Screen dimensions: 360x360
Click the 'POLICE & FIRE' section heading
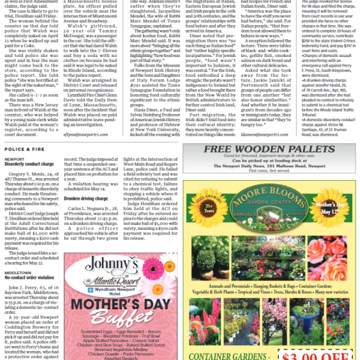point(23,149)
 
